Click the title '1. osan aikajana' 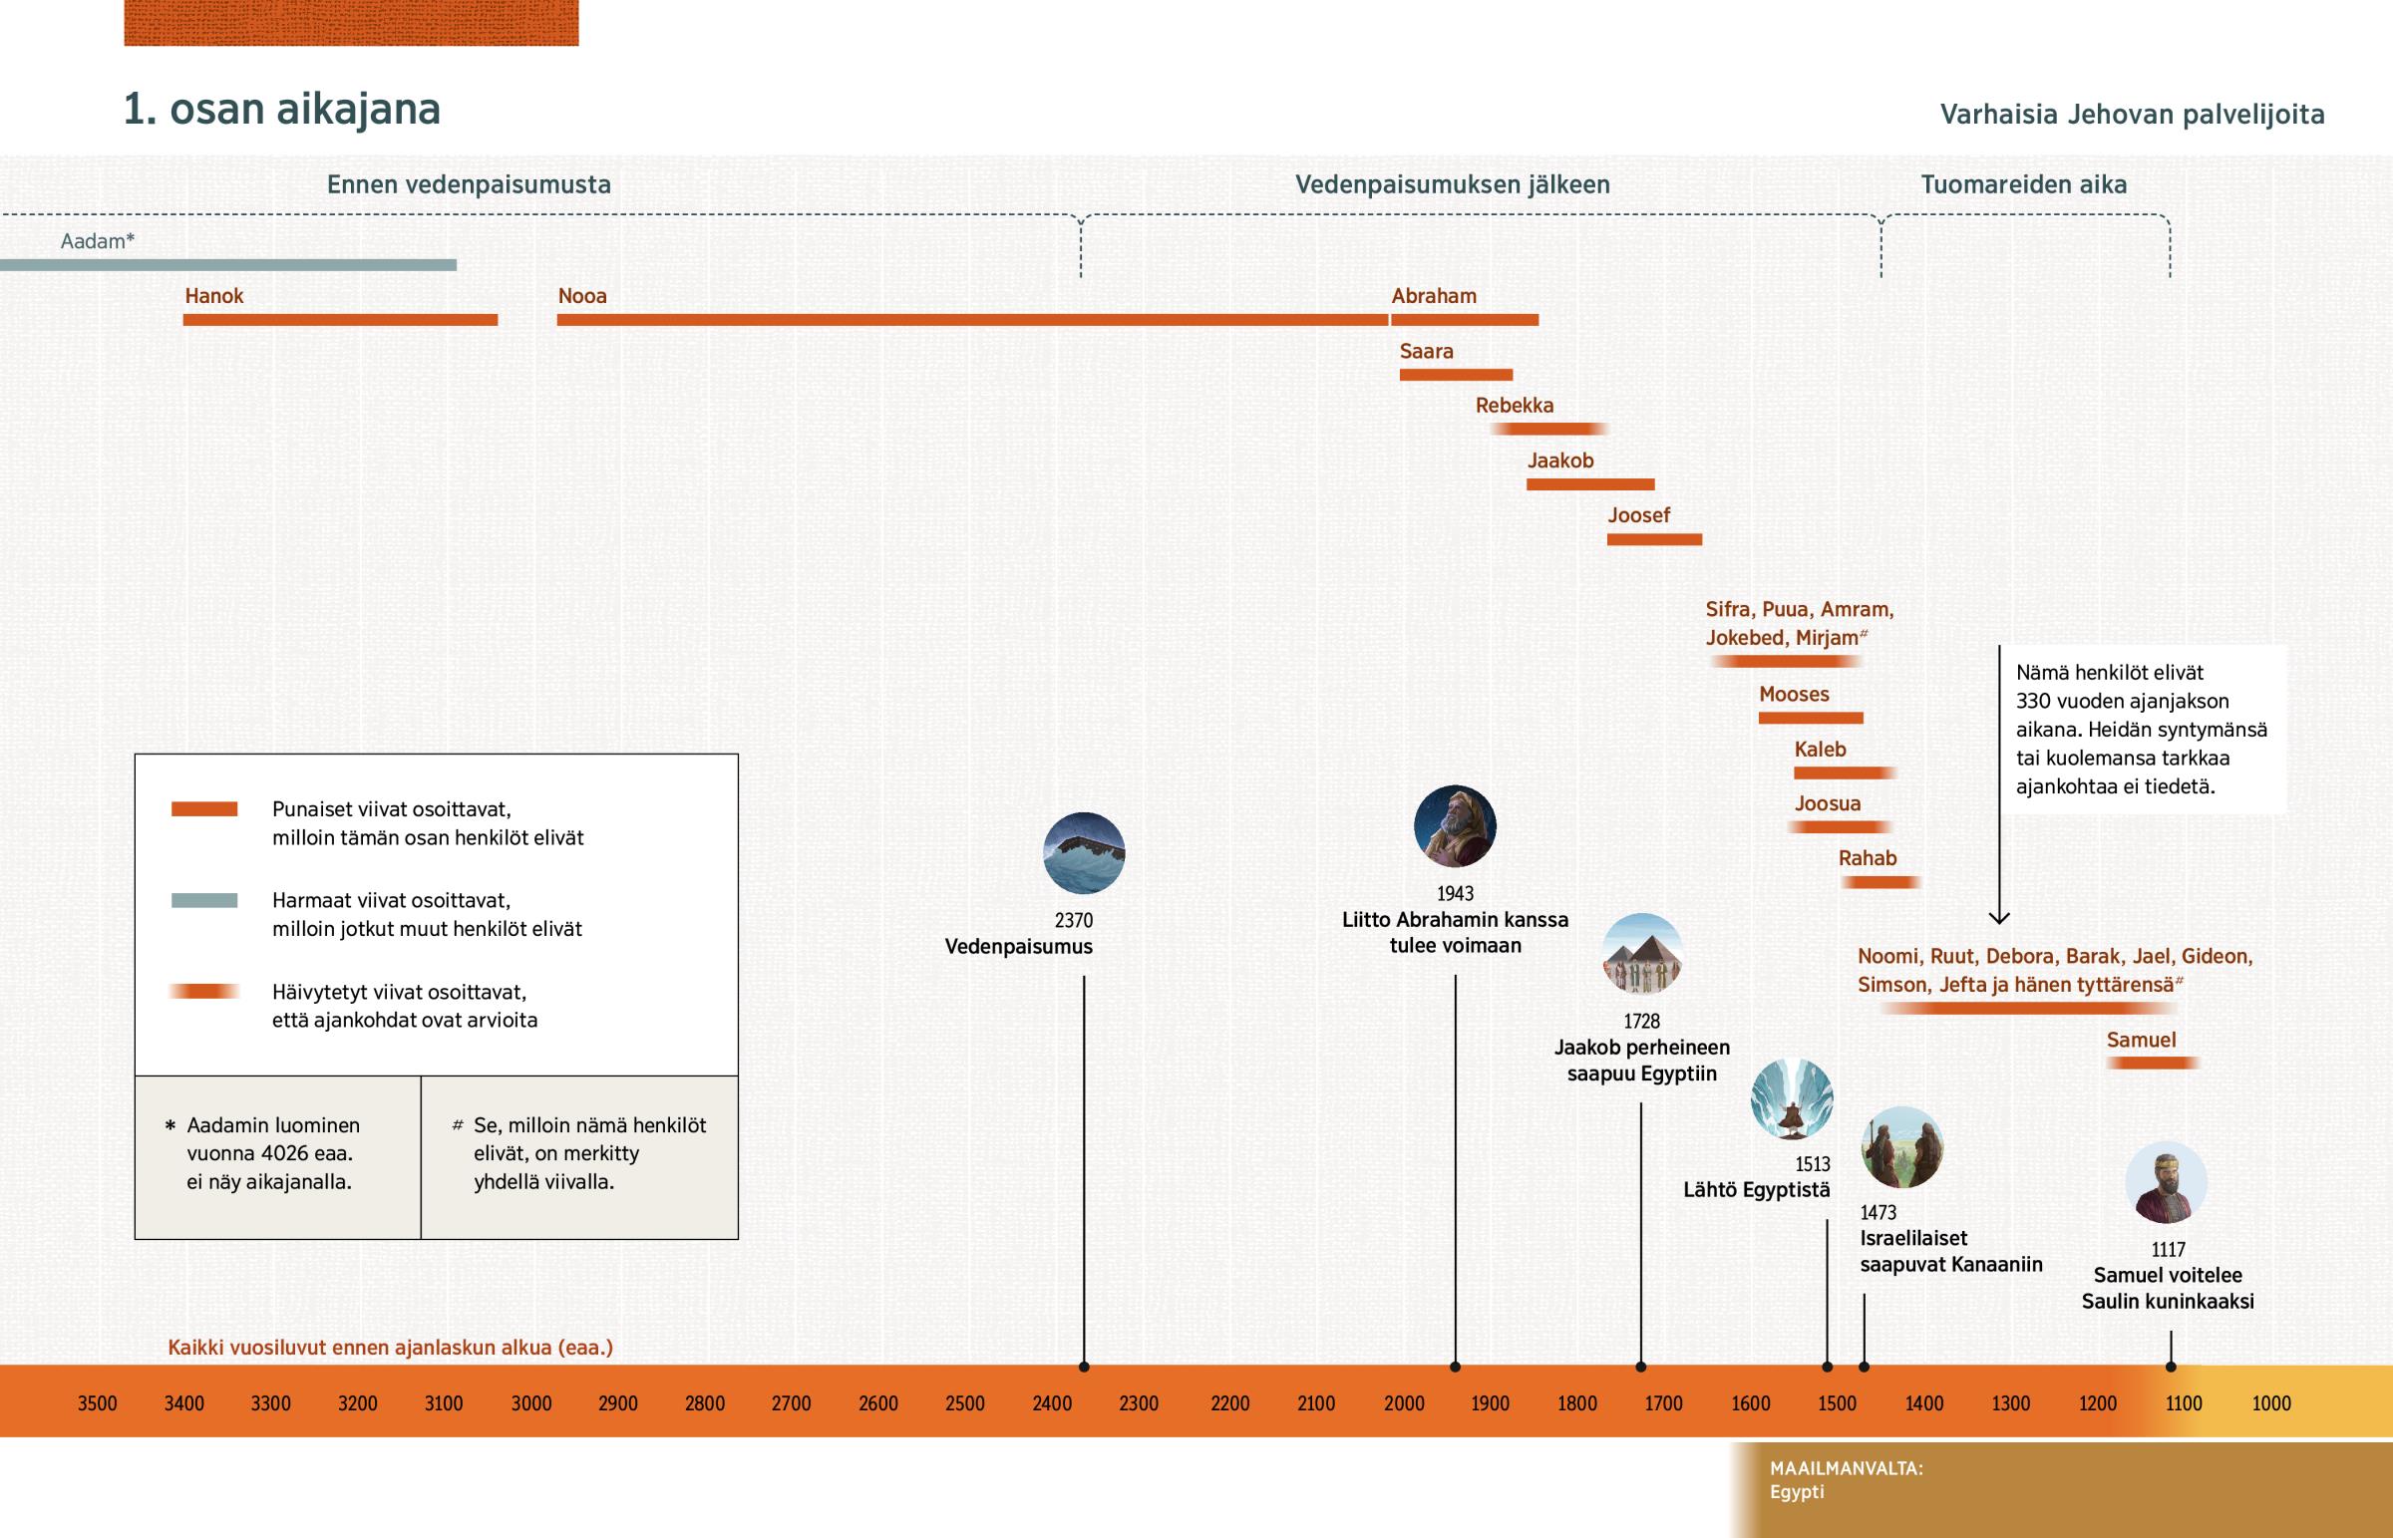(281, 109)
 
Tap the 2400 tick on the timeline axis (1052, 1403)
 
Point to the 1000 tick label (2270, 1403)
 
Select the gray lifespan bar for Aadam (227, 265)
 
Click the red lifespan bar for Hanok (340, 320)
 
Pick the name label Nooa (582, 296)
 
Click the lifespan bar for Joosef (1654, 539)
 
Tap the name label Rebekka (1515, 406)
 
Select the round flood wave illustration (1084, 853)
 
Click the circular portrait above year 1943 (1454, 826)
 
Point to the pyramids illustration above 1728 (1642, 954)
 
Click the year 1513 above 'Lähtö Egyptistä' (1812, 1164)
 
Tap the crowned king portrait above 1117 (2166, 1182)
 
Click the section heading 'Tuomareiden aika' (2023, 184)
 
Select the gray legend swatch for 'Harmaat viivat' (203, 900)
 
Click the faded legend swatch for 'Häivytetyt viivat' (203, 992)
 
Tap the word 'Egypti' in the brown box (1797, 1492)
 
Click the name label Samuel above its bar (2141, 1040)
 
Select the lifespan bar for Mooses (1810, 718)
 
